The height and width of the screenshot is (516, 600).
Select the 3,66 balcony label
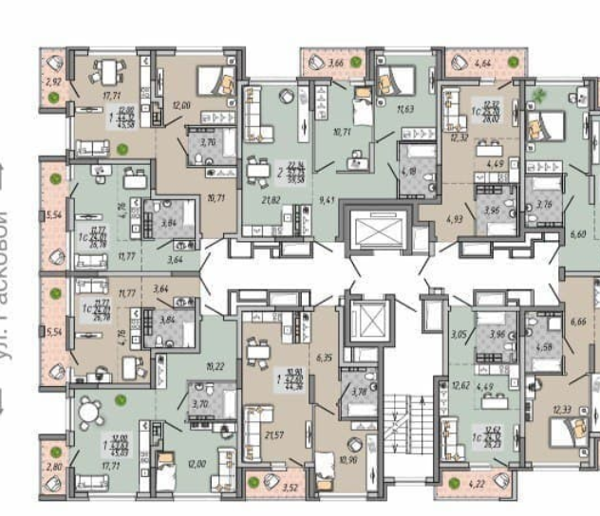tap(336, 63)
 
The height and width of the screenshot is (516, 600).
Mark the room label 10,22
tap(216, 364)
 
